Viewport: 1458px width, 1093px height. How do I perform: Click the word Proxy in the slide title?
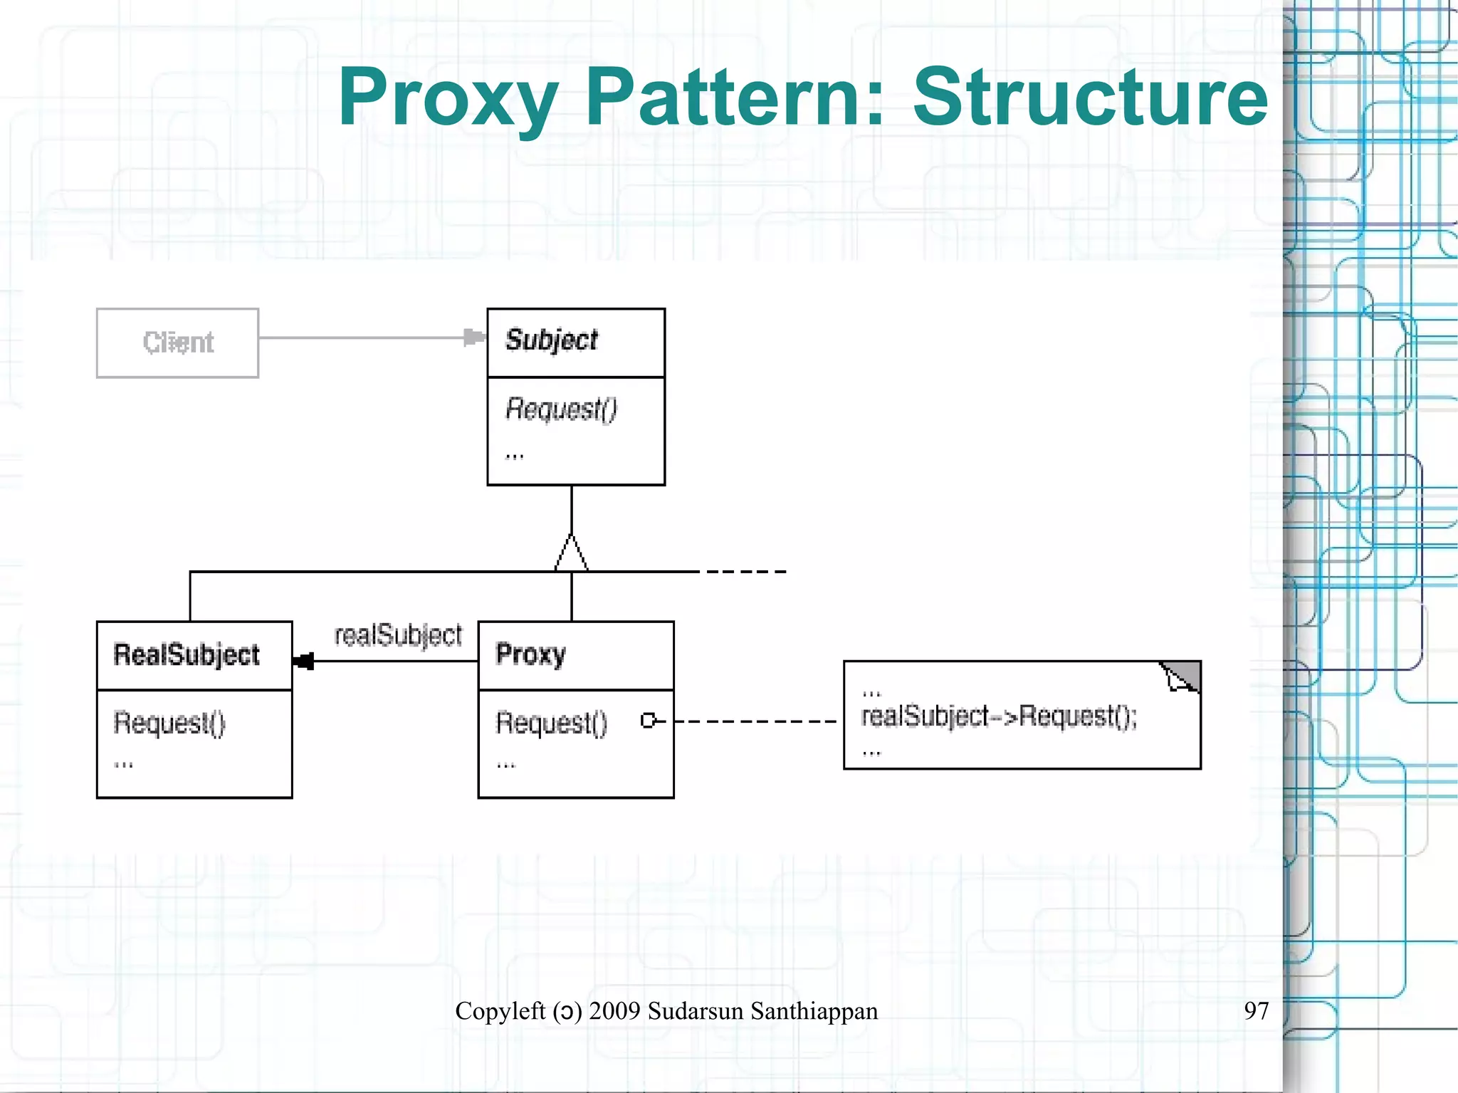tap(448, 98)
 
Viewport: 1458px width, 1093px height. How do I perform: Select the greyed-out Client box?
tap(177, 342)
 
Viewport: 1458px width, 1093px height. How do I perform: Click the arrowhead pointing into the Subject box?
tap(473, 337)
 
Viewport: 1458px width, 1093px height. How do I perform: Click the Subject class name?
tap(552, 340)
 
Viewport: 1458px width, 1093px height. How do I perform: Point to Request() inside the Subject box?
tap(561, 409)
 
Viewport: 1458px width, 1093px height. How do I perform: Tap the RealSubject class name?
tap(187, 654)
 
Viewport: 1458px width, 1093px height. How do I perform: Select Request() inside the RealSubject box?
tap(169, 723)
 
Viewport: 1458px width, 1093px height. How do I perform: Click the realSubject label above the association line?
tap(398, 634)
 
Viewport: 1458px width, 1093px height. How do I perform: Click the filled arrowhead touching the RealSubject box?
tap(303, 661)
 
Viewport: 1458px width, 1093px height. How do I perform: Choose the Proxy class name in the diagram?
tap(530, 654)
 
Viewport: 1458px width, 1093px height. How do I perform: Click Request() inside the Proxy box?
tap(552, 723)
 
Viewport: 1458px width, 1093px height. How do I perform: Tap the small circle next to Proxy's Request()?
tap(648, 721)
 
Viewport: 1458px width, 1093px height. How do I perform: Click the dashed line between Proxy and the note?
tap(755, 721)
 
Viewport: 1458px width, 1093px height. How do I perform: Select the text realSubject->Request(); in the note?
tap(999, 716)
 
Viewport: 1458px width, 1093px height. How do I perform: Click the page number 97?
tap(1256, 1010)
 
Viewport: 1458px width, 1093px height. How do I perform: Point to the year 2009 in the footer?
tap(614, 1011)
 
